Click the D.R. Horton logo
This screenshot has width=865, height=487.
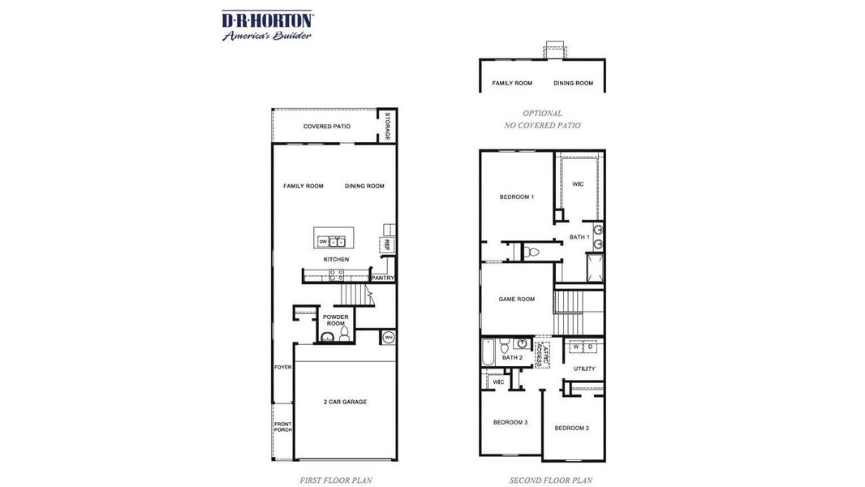(267, 25)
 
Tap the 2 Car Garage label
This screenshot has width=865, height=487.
(345, 402)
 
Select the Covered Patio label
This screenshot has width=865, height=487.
(326, 127)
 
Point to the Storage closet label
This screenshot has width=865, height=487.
(388, 125)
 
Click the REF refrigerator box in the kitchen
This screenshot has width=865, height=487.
(388, 243)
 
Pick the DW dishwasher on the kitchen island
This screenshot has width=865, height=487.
(323, 242)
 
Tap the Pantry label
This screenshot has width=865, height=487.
(383, 278)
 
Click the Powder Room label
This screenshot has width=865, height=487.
(335, 320)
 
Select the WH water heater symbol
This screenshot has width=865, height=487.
(388, 337)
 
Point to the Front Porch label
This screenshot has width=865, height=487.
(282, 427)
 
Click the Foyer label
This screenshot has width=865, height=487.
(282, 367)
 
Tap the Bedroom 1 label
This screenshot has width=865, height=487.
(516, 196)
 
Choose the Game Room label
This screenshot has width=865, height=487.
(516, 299)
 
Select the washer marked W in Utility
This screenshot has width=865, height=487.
(575, 347)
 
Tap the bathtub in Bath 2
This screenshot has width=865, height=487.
(488, 352)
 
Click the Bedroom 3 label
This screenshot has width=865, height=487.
(510, 422)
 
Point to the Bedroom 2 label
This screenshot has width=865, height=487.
(572, 428)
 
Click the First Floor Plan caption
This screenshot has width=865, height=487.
(335, 481)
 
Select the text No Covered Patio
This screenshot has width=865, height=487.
(542, 126)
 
